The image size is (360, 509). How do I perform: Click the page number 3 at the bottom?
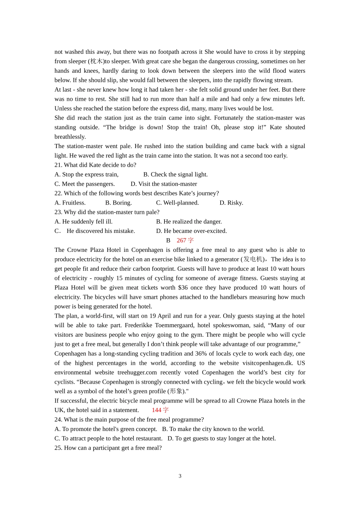[x=180, y=476]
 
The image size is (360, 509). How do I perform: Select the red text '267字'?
[x=185, y=240]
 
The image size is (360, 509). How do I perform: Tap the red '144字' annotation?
[x=160, y=410]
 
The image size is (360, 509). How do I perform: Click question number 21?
[x=58, y=165]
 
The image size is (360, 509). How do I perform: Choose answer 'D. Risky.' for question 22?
[x=231, y=203]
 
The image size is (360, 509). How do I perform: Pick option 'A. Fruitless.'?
[x=70, y=203]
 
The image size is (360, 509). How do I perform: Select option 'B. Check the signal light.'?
[x=175, y=175]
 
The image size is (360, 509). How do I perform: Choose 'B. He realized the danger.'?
[x=189, y=222]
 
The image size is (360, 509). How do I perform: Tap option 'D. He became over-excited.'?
[x=191, y=231]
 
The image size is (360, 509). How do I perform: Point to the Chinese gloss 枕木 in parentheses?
[x=97, y=61]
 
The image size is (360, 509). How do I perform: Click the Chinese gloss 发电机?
[x=253, y=259]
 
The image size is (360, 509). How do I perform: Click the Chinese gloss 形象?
[x=176, y=391]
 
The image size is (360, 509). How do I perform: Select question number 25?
[x=58, y=448]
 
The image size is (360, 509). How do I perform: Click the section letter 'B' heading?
[x=168, y=240]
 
